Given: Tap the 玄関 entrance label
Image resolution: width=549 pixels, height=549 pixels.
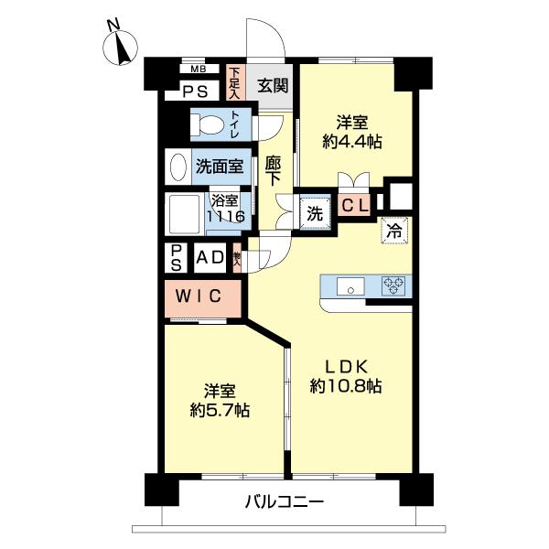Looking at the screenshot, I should click(272, 86).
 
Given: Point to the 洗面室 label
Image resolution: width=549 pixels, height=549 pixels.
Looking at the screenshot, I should click(219, 167).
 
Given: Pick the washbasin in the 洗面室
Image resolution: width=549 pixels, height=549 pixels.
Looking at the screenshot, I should click(177, 167).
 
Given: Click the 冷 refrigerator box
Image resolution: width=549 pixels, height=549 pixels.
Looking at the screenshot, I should click(393, 231).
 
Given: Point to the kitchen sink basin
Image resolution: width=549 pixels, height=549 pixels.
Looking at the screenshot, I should click(347, 287).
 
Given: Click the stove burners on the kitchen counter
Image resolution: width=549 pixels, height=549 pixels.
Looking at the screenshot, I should click(394, 286).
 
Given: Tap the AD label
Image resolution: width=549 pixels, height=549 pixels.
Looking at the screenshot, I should click(211, 257).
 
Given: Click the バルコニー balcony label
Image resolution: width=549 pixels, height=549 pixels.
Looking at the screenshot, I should click(284, 501).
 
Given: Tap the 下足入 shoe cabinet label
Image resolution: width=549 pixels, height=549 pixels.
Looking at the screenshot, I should click(234, 83).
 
